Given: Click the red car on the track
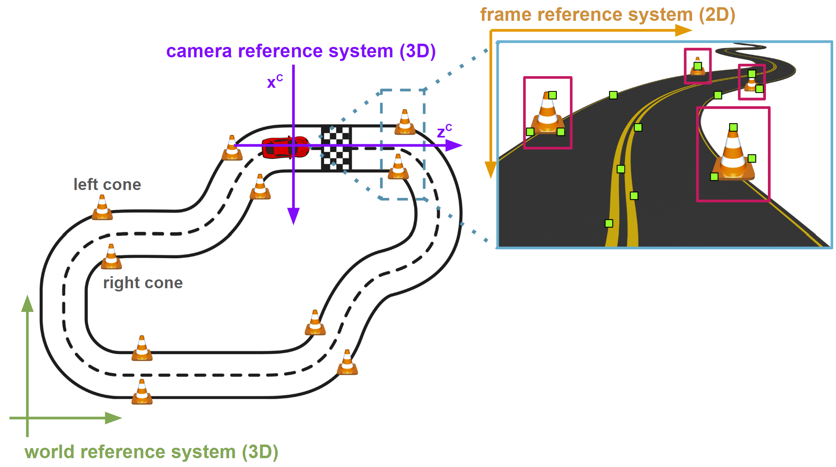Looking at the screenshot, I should [284, 148].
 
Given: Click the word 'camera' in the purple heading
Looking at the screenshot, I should [199, 51].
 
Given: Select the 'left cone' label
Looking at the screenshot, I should [107, 184].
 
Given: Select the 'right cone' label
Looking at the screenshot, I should [143, 283].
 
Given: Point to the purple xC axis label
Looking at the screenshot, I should [274, 81].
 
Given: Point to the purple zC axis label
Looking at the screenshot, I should [444, 131].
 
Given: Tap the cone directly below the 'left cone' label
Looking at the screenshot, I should [102, 208].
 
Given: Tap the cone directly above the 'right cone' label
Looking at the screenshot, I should [111, 257].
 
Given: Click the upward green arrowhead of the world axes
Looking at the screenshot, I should [27, 303].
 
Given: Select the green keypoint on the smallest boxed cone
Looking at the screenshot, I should [698, 66].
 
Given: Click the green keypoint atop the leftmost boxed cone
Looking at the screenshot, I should [553, 95].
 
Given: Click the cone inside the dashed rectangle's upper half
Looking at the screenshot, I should [405, 123].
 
